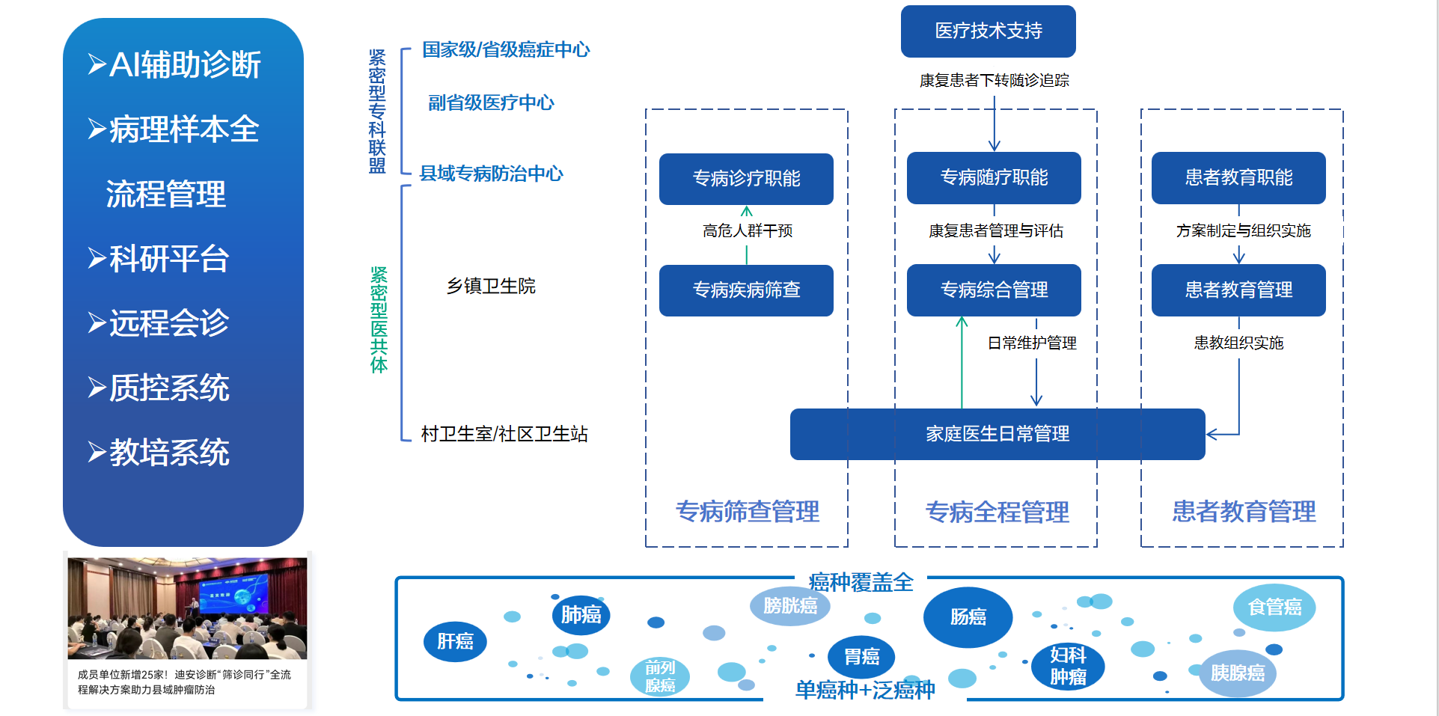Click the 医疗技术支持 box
pyautogui.click(x=988, y=31)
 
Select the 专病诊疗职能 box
pyautogui.click(x=746, y=179)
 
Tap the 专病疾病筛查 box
pyautogui.click(x=746, y=290)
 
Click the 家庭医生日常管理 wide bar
pyautogui.click(x=997, y=434)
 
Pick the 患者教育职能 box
pyautogui.click(x=1238, y=178)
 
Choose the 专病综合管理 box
pyautogui.click(x=994, y=290)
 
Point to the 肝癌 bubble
pyautogui.click(x=455, y=641)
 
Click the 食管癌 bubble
pyautogui.click(x=1274, y=607)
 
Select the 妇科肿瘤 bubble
pyautogui.click(x=1068, y=666)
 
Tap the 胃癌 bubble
pyautogui.click(x=861, y=657)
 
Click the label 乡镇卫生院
pyautogui.click(x=491, y=286)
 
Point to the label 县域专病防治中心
pyautogui.click(x=491, y=174)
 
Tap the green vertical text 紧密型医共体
pyautogui.click(x=379, y=319)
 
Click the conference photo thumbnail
pyautogui.click(x=187, y=608)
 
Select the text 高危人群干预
pyautogui.click(x=747, y=230)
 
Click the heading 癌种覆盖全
pyautogui.click(x=861, y=581)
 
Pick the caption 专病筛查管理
pyautogui.click(x=747, y=512)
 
